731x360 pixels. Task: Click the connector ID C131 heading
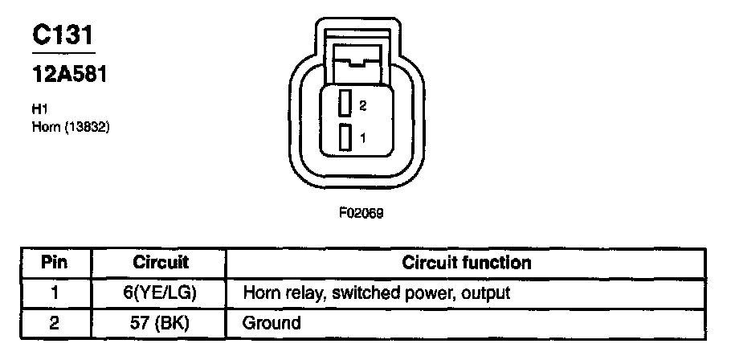tap(63, 36)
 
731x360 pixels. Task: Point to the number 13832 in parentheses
tap(88, 126)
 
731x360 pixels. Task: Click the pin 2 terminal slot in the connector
tap(345, 104)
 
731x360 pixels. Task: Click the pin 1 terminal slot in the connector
tap(345, 137)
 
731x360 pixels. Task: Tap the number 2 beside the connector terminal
tap(363, 105)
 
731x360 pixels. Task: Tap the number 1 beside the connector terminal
tap(363, 138)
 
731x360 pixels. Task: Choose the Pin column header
tap(55, 263)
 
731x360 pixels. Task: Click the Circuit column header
tap(160, 263)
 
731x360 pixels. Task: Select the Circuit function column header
tap(466, 263)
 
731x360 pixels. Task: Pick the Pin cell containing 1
tap(55, 293)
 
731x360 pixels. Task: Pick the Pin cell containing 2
tap(55, 323)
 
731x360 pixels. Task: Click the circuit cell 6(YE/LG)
tap(160, 293)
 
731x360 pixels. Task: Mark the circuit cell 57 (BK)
tap(160, 323)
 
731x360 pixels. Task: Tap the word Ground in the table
tap(272, 323)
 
